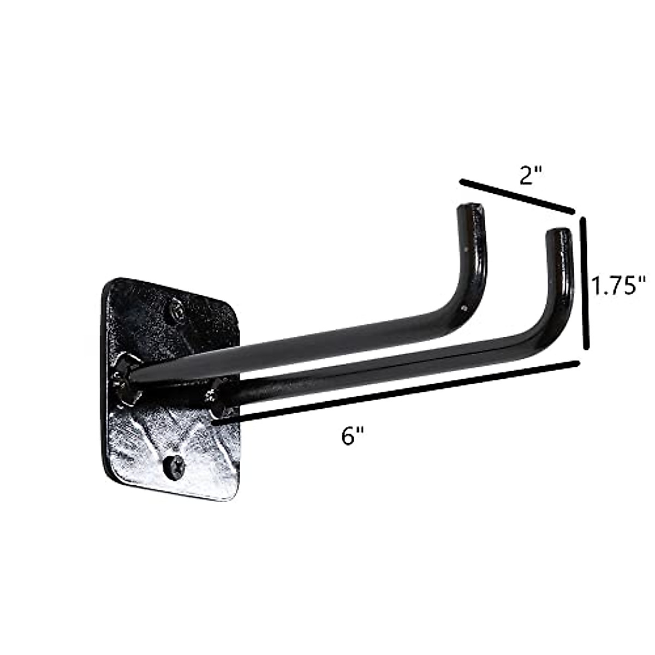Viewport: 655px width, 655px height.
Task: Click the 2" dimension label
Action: pos(529,176)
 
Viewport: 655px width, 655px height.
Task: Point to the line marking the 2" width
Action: pos(517,195)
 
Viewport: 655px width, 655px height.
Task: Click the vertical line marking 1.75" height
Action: pos(585,283)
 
